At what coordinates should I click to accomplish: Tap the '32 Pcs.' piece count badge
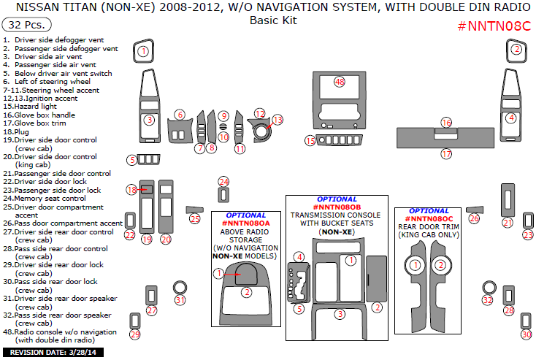click(26, 24)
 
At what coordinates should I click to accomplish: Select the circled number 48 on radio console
click(339, 82)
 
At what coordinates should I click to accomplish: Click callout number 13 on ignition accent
click(277, 119)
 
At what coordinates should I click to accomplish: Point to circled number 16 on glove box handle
click(445, 123)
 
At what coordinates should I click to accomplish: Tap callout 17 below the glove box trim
click(445, 154)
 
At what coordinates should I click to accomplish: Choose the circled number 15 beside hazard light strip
click(310, 141)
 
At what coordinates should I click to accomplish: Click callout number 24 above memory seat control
click(223, 182)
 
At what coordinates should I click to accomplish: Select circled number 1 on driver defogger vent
click(144, 51)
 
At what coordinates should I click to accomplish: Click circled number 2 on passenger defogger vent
click(516, 50)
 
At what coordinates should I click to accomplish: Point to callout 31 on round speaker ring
click(180, 300)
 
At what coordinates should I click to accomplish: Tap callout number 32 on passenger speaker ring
click(488, 300)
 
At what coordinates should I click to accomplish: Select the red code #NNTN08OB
click(337, 207)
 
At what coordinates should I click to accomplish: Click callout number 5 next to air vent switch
click(132, 160)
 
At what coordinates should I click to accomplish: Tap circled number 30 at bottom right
click(526, 334)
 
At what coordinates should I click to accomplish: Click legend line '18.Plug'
click(19, 131)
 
